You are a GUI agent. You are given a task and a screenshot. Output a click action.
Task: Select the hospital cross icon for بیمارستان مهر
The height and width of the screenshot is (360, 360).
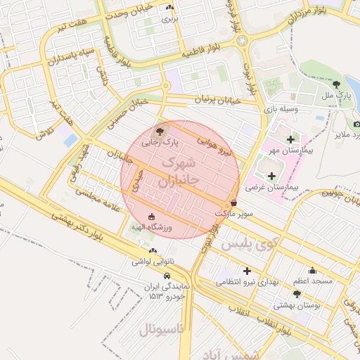(x=290, y=139)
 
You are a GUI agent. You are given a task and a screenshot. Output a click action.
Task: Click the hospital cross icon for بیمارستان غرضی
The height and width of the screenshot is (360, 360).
(x=271, y=175)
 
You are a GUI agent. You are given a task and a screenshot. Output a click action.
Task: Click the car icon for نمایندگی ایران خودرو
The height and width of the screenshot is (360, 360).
(x=167, y=276)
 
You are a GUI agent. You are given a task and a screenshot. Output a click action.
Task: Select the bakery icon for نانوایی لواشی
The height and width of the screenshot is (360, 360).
(x=152, y=250)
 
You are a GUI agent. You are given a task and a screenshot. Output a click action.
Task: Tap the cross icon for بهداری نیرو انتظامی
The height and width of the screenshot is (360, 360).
(x=247, y=271)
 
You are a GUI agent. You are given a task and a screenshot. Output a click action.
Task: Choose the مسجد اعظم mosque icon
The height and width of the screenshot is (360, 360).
(x=312, y=270)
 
